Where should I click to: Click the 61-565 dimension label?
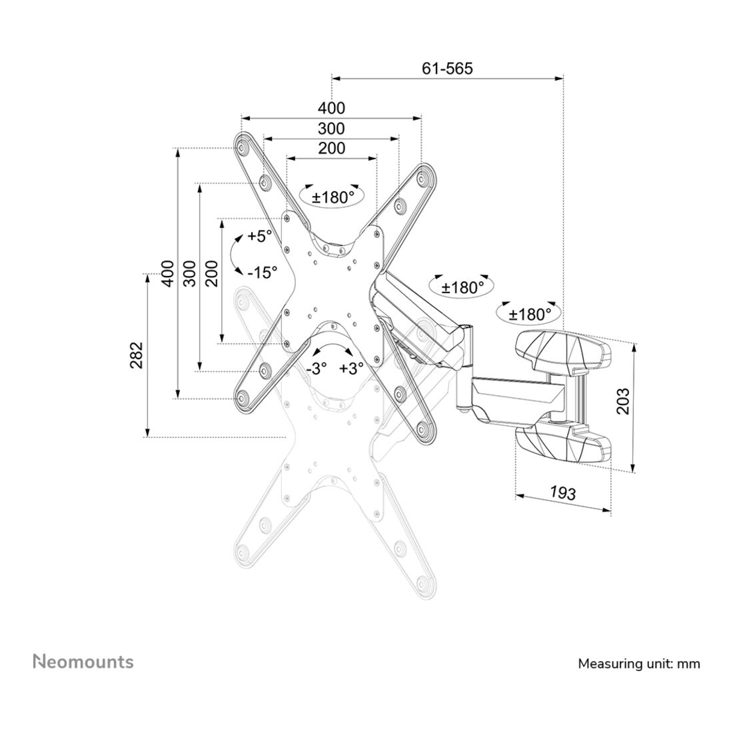pyautogui.click(x=447, y=68)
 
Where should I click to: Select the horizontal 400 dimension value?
pyautogui.click(x=331, y=108)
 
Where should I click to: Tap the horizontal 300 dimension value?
pyautogui.click(x=331, y=128)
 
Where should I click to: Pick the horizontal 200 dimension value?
pyautogui.click(x=331, y=148)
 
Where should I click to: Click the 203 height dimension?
pyautogui.click(x=622, y=401)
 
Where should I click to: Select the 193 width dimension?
pyautogui.click(x=562, y=493)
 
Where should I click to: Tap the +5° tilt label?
pyautogui.click(x=259, y=237)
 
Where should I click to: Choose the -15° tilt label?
pyautogui.click(x=261, y=272)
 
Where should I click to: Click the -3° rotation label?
pyautogui.click(x=317, y=368)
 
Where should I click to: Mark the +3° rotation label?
pyautogui.click(x=351, y=368)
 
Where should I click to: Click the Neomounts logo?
pyautogui.click(x=83, y=662)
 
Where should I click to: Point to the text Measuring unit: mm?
pyautogui.click(x=639, y=664)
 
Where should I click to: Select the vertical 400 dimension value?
pyautogui.click(x=168, y=273)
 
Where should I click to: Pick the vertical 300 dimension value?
pyautogui.click(x=190, y=273)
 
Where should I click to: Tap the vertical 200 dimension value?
pyautogui.click(x=212, y=273)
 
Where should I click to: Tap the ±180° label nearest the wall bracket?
pyautogui.click(x=530, y=314)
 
